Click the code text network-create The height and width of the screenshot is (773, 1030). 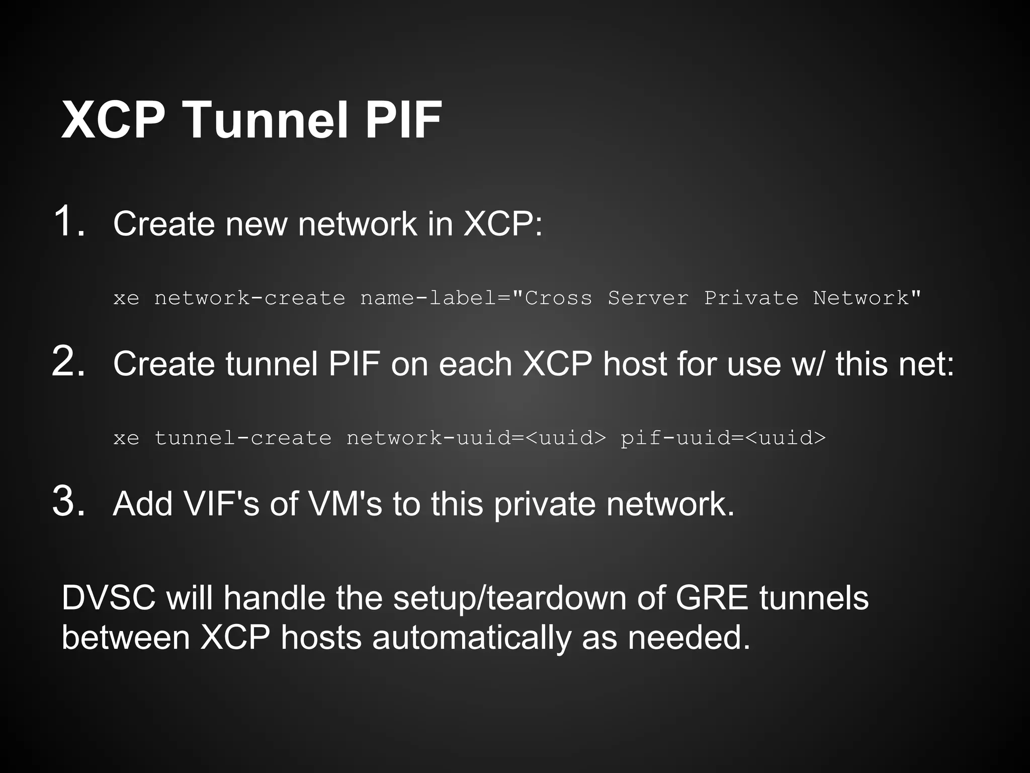point(249,298)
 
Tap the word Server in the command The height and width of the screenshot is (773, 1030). point(648,298)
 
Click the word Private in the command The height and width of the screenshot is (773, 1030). point(751,298)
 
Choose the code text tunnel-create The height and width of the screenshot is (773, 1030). point(243,438)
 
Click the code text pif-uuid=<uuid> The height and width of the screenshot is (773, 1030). point(723,438)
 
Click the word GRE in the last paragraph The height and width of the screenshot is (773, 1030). point(711,598)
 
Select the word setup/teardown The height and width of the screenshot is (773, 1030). point(510,599)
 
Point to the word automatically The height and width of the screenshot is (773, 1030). point(472,638)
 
